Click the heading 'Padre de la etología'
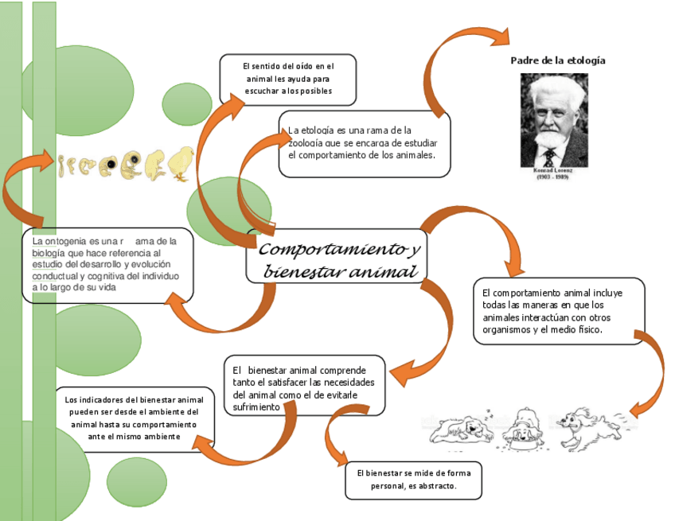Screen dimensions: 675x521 coord(557,60)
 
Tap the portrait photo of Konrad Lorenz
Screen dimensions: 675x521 coord(554,119)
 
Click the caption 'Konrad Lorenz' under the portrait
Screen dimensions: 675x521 coord(553,169)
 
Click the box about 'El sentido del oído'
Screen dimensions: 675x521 coord(287,80)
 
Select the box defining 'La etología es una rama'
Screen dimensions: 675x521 coord(364,143)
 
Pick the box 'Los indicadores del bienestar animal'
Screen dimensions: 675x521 coord(134,418)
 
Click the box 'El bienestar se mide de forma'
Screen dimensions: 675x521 coord(413,480)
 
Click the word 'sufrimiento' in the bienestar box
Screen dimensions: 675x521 coord(257,406)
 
